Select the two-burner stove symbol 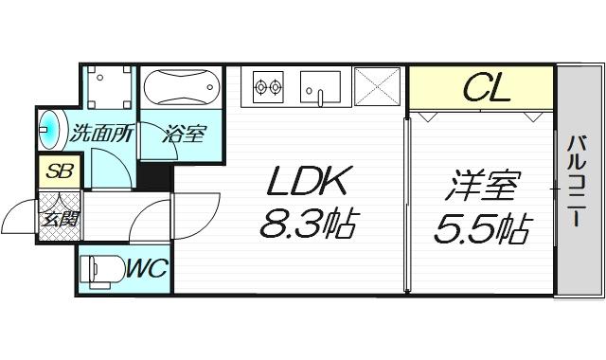coord(268,88)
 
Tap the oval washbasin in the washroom coord(49,132)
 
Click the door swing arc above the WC coord(147,227)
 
